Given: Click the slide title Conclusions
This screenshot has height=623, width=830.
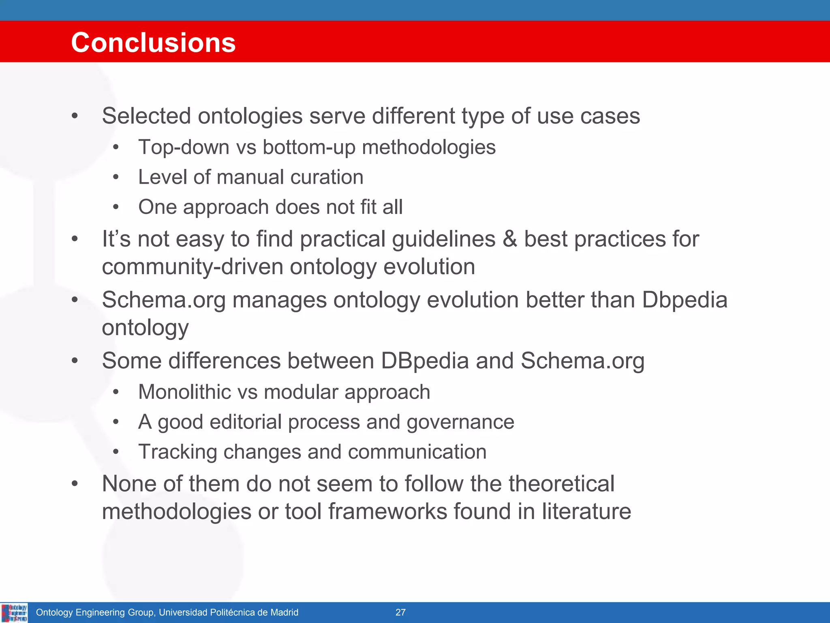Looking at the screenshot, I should [x=153, y=43].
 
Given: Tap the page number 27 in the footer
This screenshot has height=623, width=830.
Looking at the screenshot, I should [x=400, y=612].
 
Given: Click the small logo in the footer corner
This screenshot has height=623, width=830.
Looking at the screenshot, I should [x=14, y=613].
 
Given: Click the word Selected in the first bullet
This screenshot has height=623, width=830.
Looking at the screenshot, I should [x=146, y=116].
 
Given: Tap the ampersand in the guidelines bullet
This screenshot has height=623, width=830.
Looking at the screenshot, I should [x=509, y=239].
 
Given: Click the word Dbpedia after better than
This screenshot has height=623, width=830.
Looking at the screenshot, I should [x=685, y=300].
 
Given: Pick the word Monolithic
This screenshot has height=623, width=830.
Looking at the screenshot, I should [x=184, y=392].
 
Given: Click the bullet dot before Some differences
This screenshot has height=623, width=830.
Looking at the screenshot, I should [x=75, y=361].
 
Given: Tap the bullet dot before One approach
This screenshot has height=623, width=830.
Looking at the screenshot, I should [x=116, y=207].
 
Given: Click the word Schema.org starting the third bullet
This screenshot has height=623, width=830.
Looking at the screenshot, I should [x=163, y=300].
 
